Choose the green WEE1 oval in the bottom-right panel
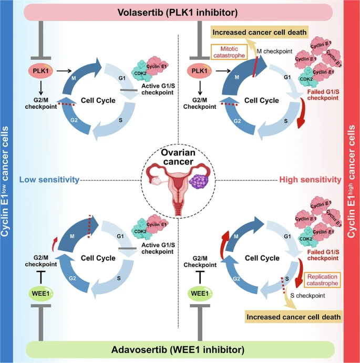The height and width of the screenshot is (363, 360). point(199,293)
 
